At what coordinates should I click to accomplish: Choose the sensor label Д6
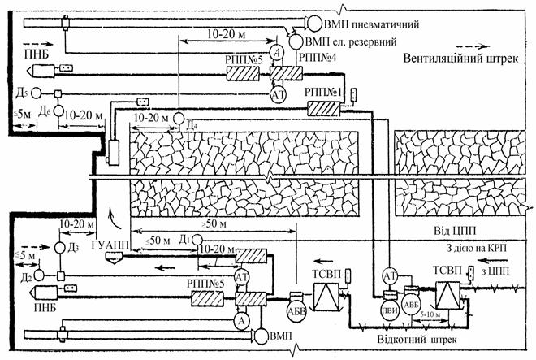(48, 111)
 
